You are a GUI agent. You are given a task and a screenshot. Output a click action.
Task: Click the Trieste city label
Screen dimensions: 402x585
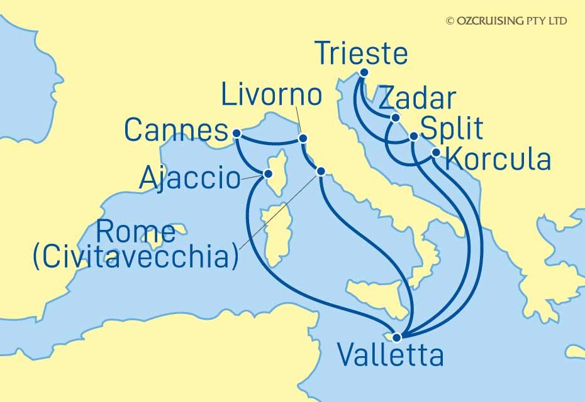point(362,54)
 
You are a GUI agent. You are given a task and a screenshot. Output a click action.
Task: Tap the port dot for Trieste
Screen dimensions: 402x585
point(363,72)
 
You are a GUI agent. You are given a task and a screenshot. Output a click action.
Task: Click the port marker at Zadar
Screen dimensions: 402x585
point(395,117)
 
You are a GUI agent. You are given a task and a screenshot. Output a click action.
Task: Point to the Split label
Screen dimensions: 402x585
point(451,129)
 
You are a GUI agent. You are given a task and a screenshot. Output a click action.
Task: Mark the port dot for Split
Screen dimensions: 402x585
point(413,136)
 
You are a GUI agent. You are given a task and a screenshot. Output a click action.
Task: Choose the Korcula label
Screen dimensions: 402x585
point(498,160)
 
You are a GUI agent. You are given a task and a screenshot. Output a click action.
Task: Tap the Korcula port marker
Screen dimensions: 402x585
point(436,151)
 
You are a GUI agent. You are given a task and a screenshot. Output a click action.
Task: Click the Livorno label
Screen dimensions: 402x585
point(272,96)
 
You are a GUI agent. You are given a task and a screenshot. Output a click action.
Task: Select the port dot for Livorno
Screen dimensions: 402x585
point(303,138)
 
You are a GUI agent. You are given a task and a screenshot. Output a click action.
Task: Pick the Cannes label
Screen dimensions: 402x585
point(175,131)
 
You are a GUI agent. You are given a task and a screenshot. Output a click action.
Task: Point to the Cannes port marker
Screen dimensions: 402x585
point(236,133)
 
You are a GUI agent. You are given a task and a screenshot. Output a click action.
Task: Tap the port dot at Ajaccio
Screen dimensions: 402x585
point(268,173)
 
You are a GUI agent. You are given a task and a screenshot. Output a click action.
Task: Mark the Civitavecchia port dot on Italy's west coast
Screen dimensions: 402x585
point(320,171)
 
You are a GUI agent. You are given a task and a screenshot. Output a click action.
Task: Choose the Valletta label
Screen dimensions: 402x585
point(390,356)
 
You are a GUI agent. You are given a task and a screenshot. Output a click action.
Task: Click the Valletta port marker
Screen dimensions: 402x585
point(396,337)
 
